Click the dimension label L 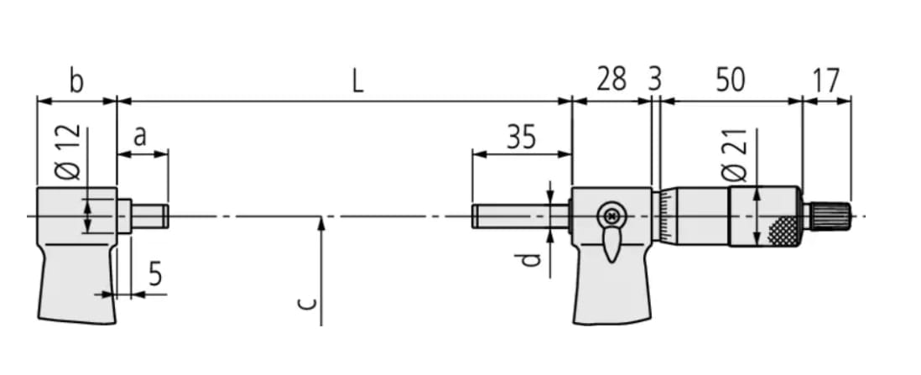(x=357, y=81)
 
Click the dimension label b (x=76, y=81)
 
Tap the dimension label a (x=140, y=135)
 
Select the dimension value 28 (x=611, y=81)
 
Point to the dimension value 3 (x=655, y=81)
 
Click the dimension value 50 (x=730, y=81)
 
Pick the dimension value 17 (x=826, y=81)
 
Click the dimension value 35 (x=521, y=136)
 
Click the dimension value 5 (x=155, y=274)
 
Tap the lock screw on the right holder (x=611, y=216)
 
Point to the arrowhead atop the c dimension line (x=320, y=222)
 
